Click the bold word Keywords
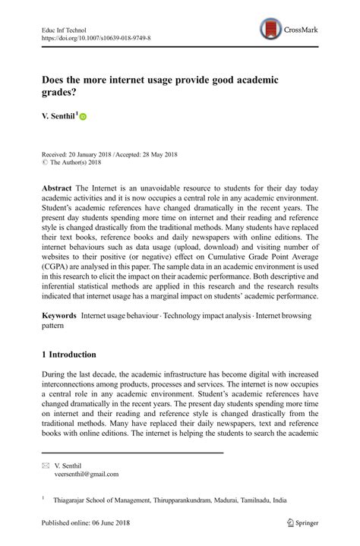[x=60, y=314]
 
